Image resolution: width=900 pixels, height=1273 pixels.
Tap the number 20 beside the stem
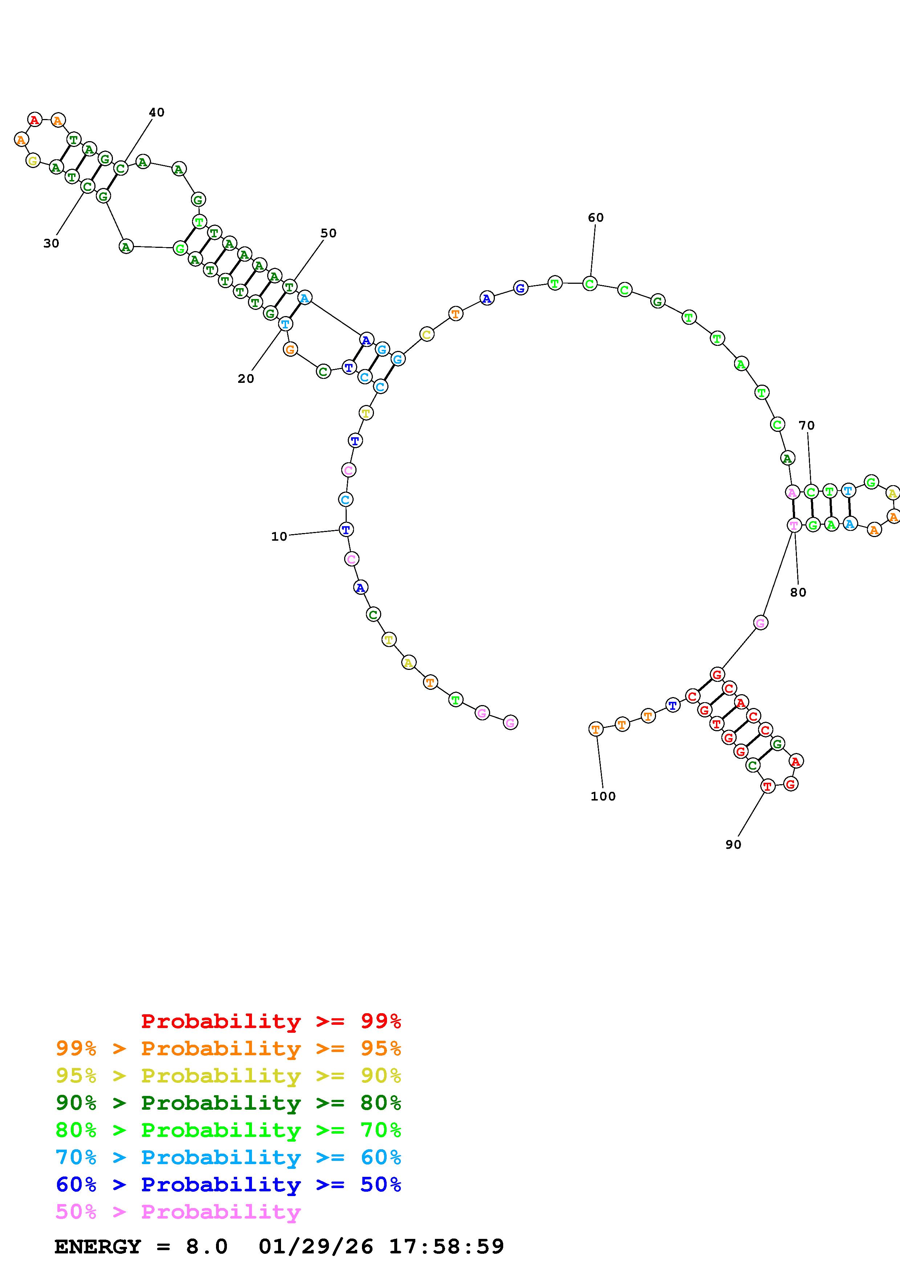coord(246,379)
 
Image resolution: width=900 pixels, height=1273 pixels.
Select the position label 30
coord(51,243)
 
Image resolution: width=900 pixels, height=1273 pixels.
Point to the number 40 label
coord(156,112)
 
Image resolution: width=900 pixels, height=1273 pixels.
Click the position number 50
coord(328,233)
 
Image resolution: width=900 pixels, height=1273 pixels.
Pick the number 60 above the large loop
coord(595,218)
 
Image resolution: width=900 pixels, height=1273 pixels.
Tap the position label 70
coord(806,425)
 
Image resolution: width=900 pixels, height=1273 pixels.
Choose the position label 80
coord(798,592)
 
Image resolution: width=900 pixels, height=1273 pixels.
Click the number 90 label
coord(733,844)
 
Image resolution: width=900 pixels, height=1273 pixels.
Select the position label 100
coord(603,796)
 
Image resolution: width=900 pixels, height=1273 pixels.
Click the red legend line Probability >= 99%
coord(270,1021)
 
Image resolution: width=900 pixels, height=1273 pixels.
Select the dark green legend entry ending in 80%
coord(228,1103)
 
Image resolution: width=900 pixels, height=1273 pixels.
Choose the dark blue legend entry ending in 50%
coord(228,1184)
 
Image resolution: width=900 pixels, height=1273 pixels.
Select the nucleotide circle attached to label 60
coord(590,284)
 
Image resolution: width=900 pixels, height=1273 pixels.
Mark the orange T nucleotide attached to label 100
coord(595,729)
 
